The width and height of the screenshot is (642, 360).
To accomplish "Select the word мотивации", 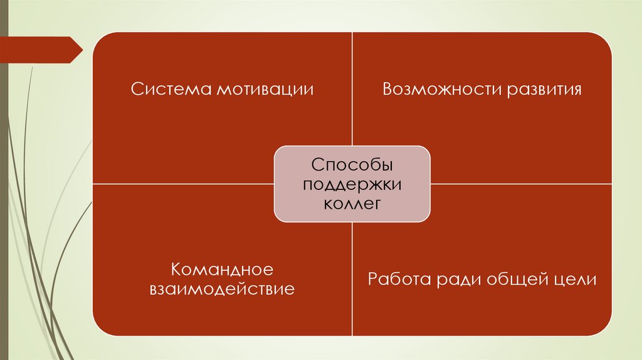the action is (x=265, y=89).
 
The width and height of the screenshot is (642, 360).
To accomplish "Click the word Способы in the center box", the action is (x=352, y=166).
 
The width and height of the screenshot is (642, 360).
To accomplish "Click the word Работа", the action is (x=398, y=279).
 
